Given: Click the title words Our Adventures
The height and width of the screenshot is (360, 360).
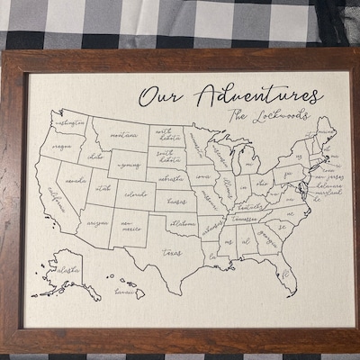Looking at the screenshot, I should tap(229, 94).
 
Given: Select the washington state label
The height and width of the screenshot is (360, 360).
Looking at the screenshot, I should tap(69, 122).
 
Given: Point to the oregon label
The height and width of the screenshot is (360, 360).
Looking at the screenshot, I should tap(61, 145).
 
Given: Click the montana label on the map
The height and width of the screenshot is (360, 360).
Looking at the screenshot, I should tap(124, 135).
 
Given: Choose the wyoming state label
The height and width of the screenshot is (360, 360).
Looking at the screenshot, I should tap(129, 166).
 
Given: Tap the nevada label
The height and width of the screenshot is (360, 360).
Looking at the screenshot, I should tap(76, 180).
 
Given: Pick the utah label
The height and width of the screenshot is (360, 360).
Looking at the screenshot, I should tap(103, 189).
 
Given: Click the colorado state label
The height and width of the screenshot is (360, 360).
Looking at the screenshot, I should tap(135, 193).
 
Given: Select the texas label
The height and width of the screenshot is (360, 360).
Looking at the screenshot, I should tap(171, 253).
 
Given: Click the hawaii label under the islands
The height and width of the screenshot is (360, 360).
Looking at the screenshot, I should tap(123, 292).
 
